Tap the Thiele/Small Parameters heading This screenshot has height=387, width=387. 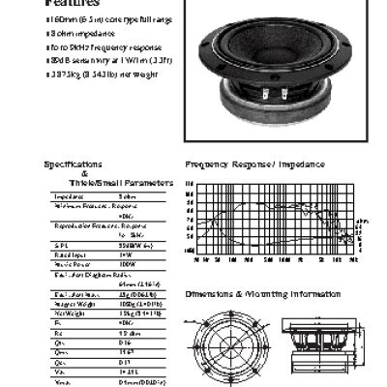click(x=121, y=182)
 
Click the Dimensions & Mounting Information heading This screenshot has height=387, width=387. click(x=257, y=291)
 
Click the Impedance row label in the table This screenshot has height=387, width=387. click(x=70, y=195)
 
